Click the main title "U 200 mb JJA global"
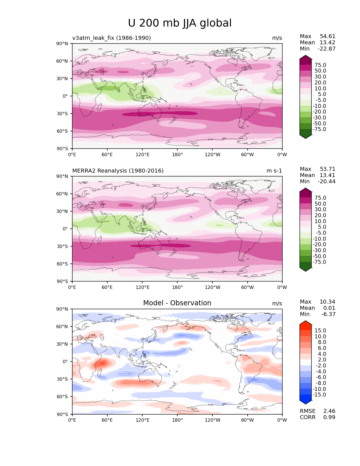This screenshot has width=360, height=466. tap(180, 23)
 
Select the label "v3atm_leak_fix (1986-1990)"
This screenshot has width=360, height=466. tap(112, 38)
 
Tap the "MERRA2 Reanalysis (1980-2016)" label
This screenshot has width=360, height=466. tap(118, 171)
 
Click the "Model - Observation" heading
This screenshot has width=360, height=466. tap(177, 303)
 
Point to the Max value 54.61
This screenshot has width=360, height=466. tap(328, 36)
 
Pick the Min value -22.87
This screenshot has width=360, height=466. tap(326, 49)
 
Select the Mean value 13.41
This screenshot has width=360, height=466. tap(328, 175)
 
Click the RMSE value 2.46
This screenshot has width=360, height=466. tap(329, 411)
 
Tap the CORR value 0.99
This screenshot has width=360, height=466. tap(329, 417)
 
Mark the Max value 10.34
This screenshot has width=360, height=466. tap(327, 302)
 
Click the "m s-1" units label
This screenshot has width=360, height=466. tap(274, 171)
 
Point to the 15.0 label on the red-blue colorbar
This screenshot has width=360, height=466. tap(320, 330)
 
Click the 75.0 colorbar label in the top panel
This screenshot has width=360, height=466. tap(320, 65)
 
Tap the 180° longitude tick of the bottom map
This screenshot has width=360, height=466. tap(177, 420)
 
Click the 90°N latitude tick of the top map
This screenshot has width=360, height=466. tap(62, 43)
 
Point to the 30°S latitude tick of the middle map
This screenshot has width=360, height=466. tap(62, 246)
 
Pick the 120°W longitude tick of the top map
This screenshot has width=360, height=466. tap(213, 154)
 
